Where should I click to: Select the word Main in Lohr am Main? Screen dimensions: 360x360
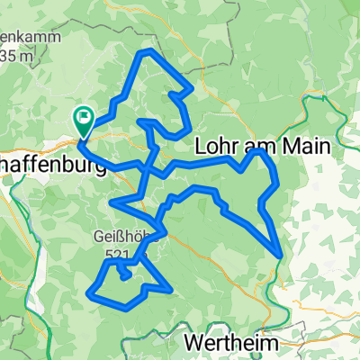pyautogui.click(x=304, y=147)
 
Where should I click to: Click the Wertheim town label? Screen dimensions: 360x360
pyautogui.click(x=230, y=342)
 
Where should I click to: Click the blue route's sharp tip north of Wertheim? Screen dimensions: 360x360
pyautogui.click(x=282, y=256)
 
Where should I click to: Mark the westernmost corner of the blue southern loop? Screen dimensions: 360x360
pyautogui.click(x=87, y=292)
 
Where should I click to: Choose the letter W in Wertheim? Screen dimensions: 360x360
pyautogui.click(x=193, y=342)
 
